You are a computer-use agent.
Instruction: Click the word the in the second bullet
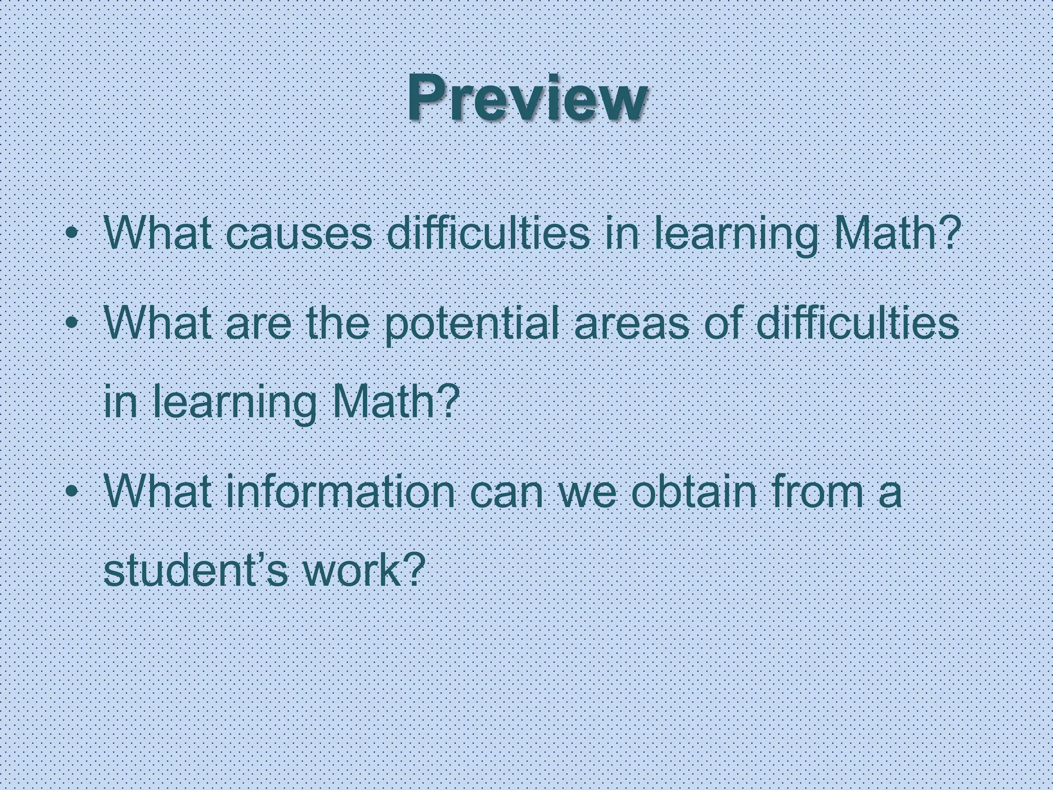pos(338,324)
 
